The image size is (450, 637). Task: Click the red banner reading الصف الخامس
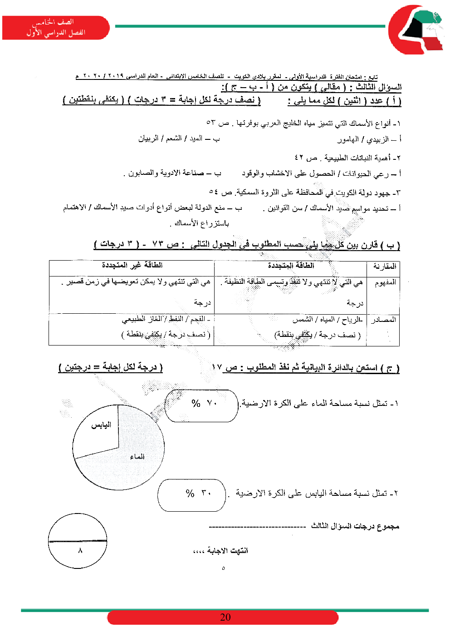point(55,28)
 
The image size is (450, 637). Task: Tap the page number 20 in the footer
point(225,617)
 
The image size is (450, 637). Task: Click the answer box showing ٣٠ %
point(192,494)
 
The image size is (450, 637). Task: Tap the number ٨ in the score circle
point(80,551)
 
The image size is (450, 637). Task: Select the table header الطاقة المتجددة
point(291,266)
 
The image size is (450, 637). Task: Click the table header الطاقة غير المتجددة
point(132,265)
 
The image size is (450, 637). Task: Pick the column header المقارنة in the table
point(385,266)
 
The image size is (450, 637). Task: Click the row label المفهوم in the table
point(385,283)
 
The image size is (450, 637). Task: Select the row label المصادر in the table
point(384,320)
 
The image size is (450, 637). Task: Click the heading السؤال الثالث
point(378,87)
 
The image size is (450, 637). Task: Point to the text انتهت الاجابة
point(227,551)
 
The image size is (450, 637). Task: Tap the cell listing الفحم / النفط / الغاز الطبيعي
point(166,319)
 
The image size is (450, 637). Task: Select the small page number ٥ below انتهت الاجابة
point(223,568)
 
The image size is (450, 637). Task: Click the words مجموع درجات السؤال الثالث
point(355,526)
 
